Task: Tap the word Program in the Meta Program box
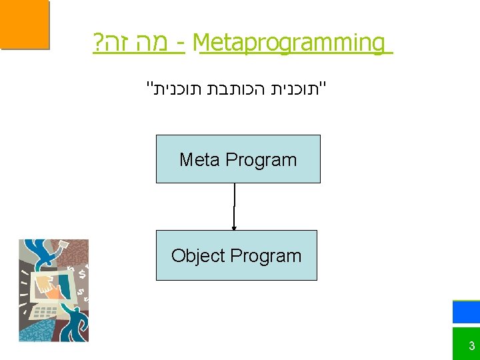pyautogui.click(x=261, y=160)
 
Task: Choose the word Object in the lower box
pyautogui.click(x=198, y=256)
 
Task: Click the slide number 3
pyautogui.click(x=471, y=346)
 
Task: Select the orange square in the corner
pyautogui.click(x=25, y=25)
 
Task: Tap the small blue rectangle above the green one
pyautogui.click(x=466, y=312)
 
